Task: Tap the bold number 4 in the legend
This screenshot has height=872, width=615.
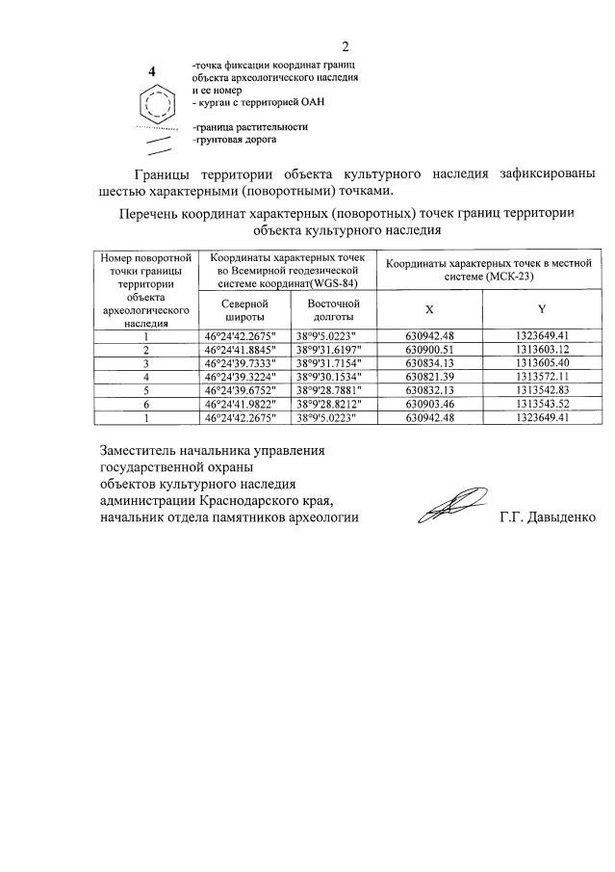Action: (x=152, y=71)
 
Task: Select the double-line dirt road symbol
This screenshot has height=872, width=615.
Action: (x=158, y=144)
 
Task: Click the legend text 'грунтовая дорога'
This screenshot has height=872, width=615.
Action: (x=234, y=140)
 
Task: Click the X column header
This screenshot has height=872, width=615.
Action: (x=429, y=309)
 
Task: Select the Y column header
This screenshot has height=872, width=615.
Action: (x=542, y=309)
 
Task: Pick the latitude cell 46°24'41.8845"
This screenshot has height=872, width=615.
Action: (x=240, y=350)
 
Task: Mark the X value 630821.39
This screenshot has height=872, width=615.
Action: (x=429, y=377)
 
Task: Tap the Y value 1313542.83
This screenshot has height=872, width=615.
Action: (x=543, y=390)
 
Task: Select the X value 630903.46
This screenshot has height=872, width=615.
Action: (x=429, y=404)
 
